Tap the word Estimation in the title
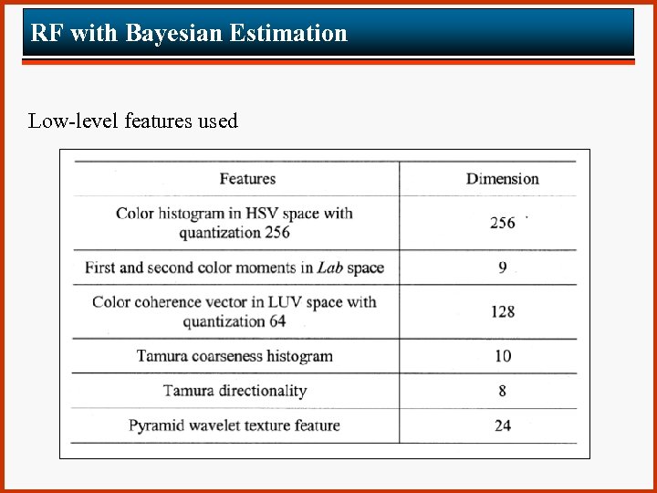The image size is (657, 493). [x=288, y=34]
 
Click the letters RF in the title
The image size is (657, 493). [x=47, y=34]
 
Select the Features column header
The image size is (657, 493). [x=247, y=179]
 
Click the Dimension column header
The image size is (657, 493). [x=502, y=179]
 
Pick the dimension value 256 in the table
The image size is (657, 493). [x=502, y=223]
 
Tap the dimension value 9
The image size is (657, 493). [x=502, y=267]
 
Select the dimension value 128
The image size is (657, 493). [x=502, y=311]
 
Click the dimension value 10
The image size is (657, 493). [x=502, y=356]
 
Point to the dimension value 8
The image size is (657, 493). [x=502, y=391]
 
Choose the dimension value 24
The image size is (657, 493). [x=502, y=425]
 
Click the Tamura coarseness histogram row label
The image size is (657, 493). [x=235, y=356]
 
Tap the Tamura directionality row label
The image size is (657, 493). [x=235, y=391]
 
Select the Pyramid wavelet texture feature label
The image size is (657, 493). [x=235, y=425]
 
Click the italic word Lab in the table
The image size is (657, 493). [x=328, y=267]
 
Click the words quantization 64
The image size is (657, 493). [x=234, y=321]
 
